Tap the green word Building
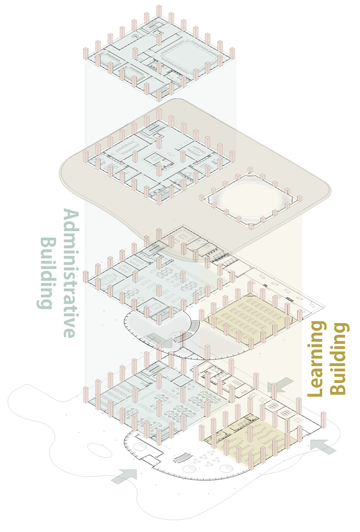(46, 273)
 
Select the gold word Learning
(316, 359)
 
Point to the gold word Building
(339, 359)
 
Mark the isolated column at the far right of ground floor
(324, 419)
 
